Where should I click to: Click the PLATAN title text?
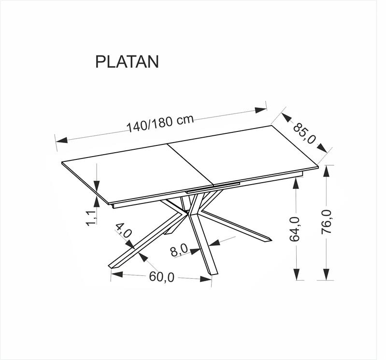127,61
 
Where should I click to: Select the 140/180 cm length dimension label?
160,123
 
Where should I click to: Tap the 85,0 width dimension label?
304,134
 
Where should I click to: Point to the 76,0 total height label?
327,222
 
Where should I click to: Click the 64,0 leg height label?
295,229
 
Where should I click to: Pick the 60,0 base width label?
162,277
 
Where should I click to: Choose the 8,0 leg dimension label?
179,251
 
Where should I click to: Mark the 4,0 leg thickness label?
124,230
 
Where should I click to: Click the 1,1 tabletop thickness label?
91,218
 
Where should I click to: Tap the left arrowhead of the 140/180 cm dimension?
61,140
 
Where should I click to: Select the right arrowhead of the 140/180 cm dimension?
261,110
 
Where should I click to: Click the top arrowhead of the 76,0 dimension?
327,171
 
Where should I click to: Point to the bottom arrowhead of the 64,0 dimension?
297,274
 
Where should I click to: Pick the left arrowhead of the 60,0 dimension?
117,274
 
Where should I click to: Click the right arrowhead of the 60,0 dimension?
206,279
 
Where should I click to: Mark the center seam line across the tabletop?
190,164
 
